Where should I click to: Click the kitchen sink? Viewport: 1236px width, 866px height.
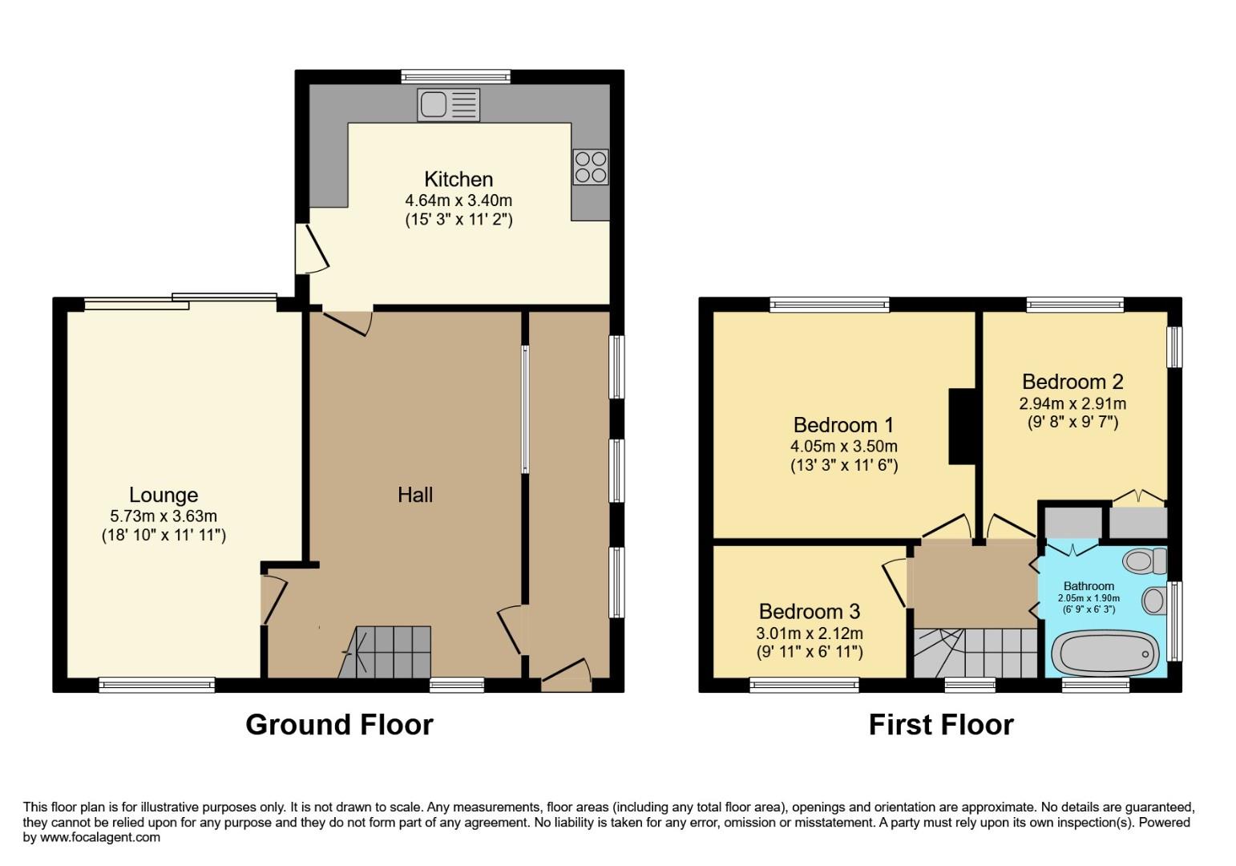tap(448, 105)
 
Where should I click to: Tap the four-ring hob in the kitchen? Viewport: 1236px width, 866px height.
tap(590, 167)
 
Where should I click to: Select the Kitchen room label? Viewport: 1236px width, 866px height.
tap(458, 179)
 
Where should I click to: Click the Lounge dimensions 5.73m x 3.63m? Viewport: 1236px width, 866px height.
tap(164, 516)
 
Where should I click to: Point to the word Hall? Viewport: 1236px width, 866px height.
tap(415, 495)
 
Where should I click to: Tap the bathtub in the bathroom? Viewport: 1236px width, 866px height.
tap(1105, 653)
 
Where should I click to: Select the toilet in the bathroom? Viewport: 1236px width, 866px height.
tap(1145, 560)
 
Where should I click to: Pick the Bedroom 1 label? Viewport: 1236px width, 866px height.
tap(843, 425)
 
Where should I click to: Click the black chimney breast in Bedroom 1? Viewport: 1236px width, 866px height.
tap(962, 426)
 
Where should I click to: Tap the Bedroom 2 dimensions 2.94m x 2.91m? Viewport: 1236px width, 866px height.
tap(1072, 403)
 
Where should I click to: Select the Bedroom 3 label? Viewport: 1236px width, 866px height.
tap(809, 611)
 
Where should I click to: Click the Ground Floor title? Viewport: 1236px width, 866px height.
tap(339, 724)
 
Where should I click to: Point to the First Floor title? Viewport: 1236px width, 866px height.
tap(941, 724)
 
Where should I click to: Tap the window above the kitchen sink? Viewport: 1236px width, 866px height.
tap(456, 77)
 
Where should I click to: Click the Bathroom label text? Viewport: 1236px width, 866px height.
tap(1089, 586)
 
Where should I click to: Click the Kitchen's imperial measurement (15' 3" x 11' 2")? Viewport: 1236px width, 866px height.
tap(458, 218)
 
